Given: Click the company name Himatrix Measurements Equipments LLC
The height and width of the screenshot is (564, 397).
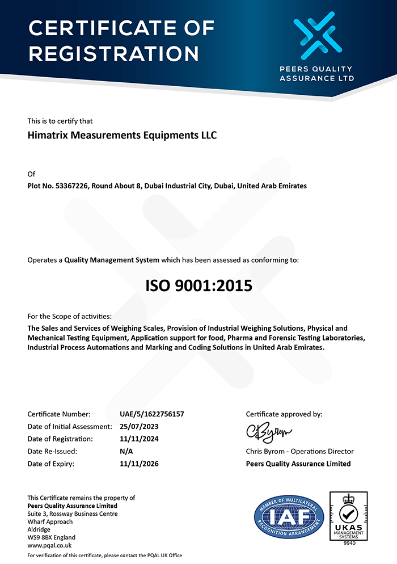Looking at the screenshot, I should point(122,136).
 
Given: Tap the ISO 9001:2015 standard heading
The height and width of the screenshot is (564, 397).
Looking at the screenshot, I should point(198,285).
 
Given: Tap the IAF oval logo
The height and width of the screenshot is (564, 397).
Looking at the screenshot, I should point(289,516).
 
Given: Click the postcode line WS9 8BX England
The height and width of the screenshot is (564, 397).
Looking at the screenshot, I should point(52,537).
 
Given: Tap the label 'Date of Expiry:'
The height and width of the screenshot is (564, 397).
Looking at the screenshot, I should point(51,464).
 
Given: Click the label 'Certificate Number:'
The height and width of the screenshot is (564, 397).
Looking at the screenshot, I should point(58,414).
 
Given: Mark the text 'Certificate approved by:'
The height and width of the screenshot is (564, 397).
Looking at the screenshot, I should point(284,414).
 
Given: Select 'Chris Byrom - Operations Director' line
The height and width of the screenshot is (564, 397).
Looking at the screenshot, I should point(299,451).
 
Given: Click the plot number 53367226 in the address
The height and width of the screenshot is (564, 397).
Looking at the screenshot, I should point(71,186).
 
